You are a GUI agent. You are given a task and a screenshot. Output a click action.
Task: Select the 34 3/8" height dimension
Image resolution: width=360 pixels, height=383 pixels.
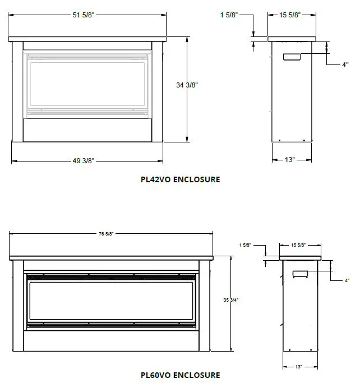[187, 85]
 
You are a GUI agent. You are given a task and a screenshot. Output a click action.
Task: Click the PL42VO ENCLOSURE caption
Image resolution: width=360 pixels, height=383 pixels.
[180, 180]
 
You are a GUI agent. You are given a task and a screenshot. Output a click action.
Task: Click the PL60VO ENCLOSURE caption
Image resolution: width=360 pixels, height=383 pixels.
[180, 375]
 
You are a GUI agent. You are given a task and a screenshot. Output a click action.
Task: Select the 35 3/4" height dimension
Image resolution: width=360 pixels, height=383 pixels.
[231, 300]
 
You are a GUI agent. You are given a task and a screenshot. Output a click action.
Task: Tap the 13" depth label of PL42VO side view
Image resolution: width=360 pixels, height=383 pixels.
[289, 160]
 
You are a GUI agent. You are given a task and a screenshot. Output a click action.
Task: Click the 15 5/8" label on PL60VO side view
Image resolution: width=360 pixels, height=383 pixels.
[299, 245]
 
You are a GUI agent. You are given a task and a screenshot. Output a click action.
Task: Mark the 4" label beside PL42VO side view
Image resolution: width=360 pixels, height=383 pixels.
[345, 65]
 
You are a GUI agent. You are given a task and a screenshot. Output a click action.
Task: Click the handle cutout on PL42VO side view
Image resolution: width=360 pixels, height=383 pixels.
[292, 57]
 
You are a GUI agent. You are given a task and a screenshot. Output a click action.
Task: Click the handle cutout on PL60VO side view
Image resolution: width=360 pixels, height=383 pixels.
[300, 273]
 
